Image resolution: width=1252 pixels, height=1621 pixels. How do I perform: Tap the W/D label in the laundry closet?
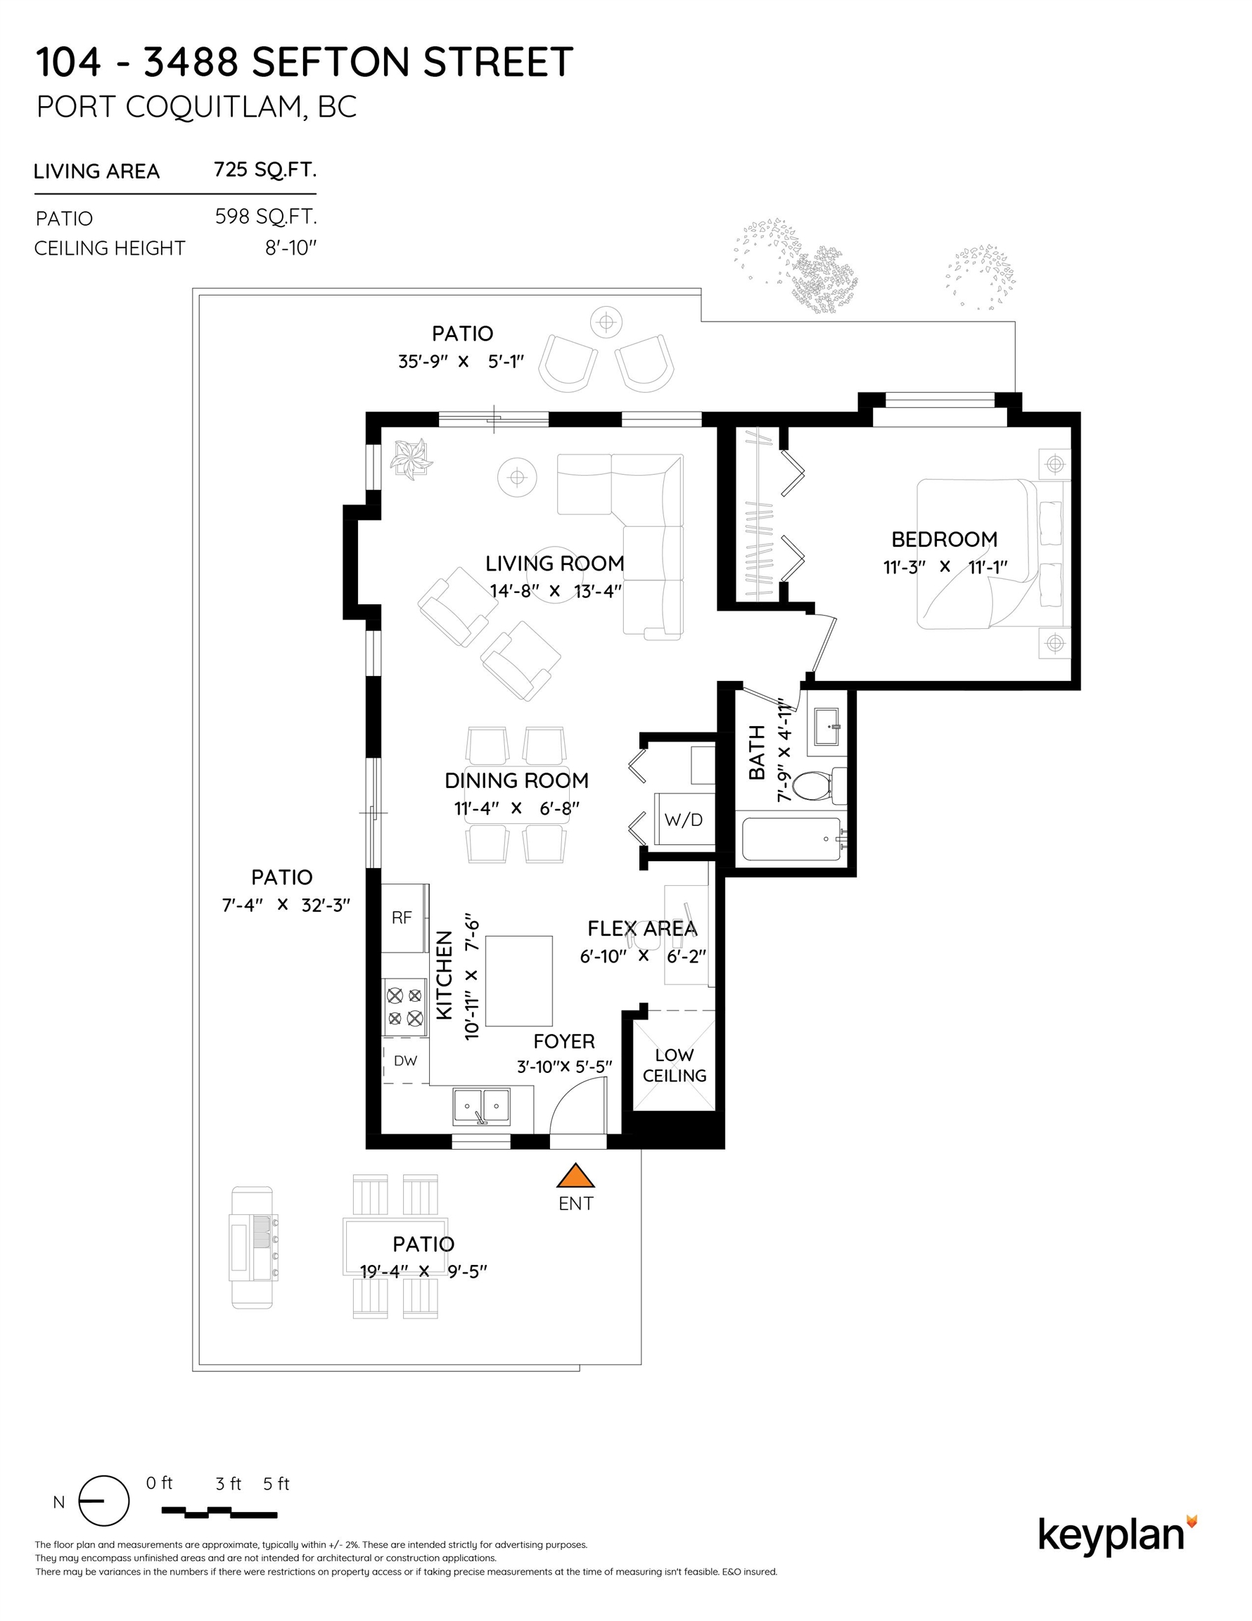point(684,820)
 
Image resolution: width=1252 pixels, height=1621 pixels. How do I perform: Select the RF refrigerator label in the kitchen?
point(402,918)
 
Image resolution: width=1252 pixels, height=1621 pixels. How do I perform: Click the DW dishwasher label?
point(405,1061)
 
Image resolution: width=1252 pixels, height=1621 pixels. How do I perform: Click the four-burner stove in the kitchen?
point(405,1007)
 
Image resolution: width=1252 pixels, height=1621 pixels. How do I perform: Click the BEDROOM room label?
point(944,540)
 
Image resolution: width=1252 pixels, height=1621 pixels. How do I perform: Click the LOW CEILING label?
point(674,1065)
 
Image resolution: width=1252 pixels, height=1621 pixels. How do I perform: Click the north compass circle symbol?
point(104,1501)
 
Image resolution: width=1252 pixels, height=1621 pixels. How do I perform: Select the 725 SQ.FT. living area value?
point(265,170)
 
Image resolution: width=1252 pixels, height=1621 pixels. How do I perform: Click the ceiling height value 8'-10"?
point(291,248)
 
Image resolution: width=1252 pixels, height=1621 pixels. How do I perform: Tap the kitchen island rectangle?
point(519,981)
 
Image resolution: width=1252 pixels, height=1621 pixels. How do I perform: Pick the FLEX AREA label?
point(642,929)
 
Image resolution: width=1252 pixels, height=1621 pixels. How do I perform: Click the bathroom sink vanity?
point(826,725)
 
